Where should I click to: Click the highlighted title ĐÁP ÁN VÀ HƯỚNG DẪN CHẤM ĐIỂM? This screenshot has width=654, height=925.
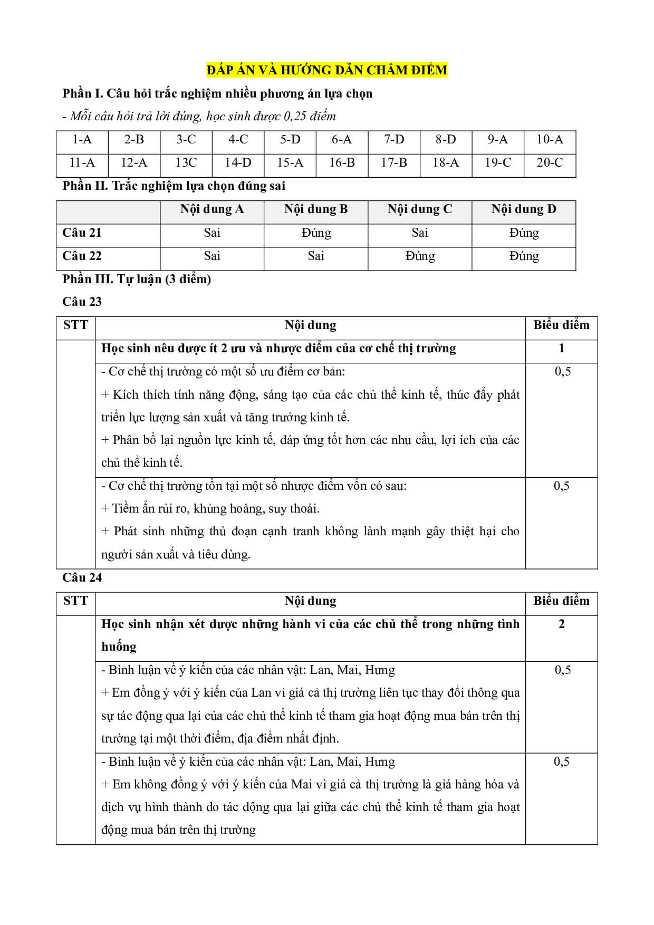pyautogui.click(x=327, y=70)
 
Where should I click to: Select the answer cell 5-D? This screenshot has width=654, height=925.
pyautogui.click(x=290, y=140)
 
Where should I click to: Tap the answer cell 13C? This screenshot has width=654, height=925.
pyautogui.click(x=186, y=163)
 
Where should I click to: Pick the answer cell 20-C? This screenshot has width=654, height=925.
pyautogui.click(x=550, y=163)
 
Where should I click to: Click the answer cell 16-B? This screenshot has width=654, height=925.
pyautogui.click(x=342, y=163)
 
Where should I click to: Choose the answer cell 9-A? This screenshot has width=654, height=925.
pyautogui.click(x=498, y=140)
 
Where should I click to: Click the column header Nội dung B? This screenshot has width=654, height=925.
pyautogui.click(x=316, y=209)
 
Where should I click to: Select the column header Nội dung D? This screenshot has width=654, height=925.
pyautogui.click(x=524, y=209)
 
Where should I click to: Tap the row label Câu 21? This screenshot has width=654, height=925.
pyautogui.click(x=82, y=233)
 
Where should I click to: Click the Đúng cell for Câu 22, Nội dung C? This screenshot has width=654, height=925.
pyautogui.click(x=420, y=256)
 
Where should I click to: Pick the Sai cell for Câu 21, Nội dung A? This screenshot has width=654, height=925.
pyautogui.click(x=212, y=233)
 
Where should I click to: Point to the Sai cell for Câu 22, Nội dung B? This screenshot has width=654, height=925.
pyautogui.click(x=316, y=256)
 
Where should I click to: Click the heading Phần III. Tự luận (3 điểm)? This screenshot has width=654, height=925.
pyautogui.click(x=137, y=279)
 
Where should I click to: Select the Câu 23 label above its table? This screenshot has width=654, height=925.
pyautogui.click(x=82, y=302)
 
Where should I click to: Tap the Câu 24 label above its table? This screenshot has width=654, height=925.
pyautogui.click(x=82, y=577)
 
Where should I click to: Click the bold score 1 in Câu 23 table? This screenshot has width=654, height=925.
pyautogui.click(x=562, y=348)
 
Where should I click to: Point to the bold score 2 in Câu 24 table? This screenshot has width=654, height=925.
pyautogui.click(x=562, y=624)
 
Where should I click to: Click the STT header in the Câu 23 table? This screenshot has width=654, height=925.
pyautogui.click(x=75, y=325)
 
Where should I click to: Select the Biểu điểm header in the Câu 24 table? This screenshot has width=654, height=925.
pyautogui.click(x=562, y=601)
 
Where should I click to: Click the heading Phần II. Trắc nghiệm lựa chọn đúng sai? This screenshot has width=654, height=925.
pyautogui.click(x=174, y=186)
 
